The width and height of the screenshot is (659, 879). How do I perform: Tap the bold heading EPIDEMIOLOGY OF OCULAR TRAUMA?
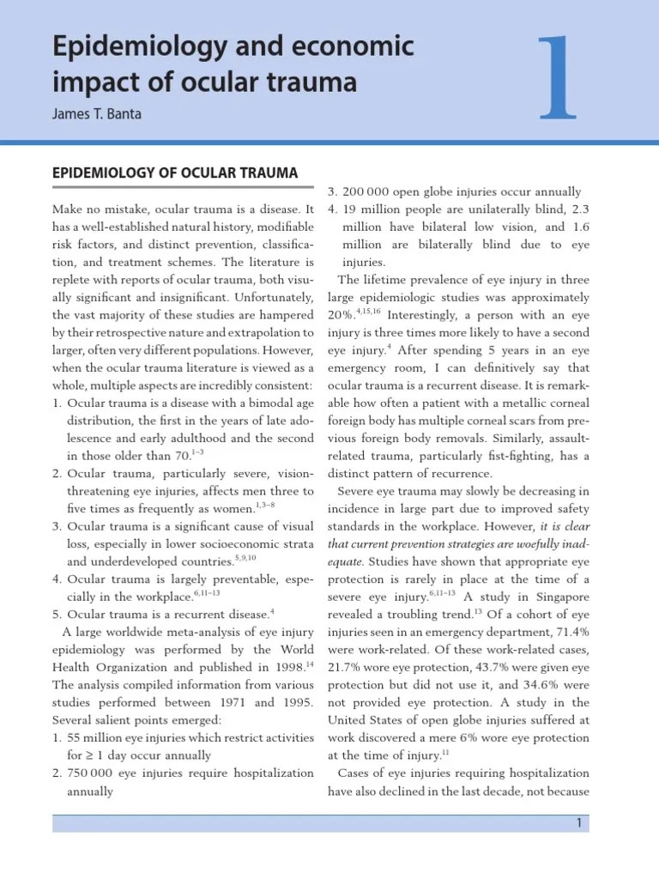(x=175, y=173)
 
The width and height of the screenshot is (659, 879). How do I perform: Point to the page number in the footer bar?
(x=580, y=823)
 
